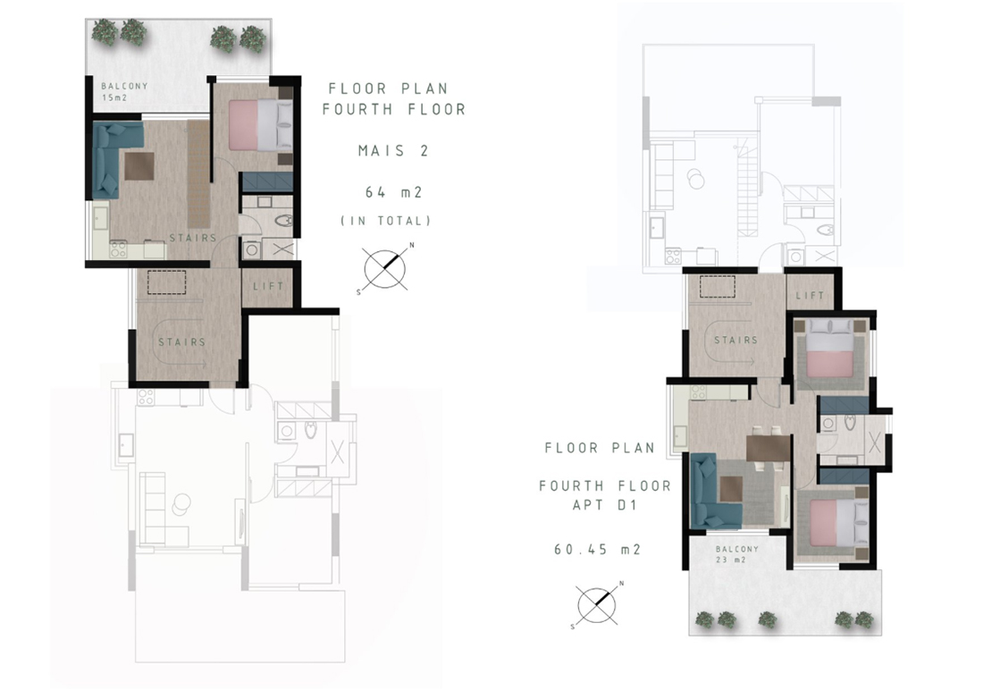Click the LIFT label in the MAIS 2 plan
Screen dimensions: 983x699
[x=268, y=287]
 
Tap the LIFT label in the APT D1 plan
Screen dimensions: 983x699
[x=810, y=295]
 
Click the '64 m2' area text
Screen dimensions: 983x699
[x=394, y=192]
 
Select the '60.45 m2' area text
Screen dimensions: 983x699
[x=598, y=550]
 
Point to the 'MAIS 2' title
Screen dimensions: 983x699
[x=393, y=150]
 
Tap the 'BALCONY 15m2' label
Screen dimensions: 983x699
[x=124, y=91]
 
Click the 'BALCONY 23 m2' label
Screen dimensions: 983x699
[x=736, y=554]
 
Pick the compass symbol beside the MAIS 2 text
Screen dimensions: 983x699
[x=385, y=269]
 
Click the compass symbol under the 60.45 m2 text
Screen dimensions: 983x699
[x=597, y=605]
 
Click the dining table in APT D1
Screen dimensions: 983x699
[x=768, y=448]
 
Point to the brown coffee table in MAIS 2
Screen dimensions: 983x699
[x=139, y=166]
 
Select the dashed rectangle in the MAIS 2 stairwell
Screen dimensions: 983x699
[x=167, y=282]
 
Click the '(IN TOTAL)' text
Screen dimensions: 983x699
[x=385, y=221]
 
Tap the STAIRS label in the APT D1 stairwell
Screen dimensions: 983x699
[x=736, y=340]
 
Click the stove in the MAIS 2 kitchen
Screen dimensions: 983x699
[x=119, y=249]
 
